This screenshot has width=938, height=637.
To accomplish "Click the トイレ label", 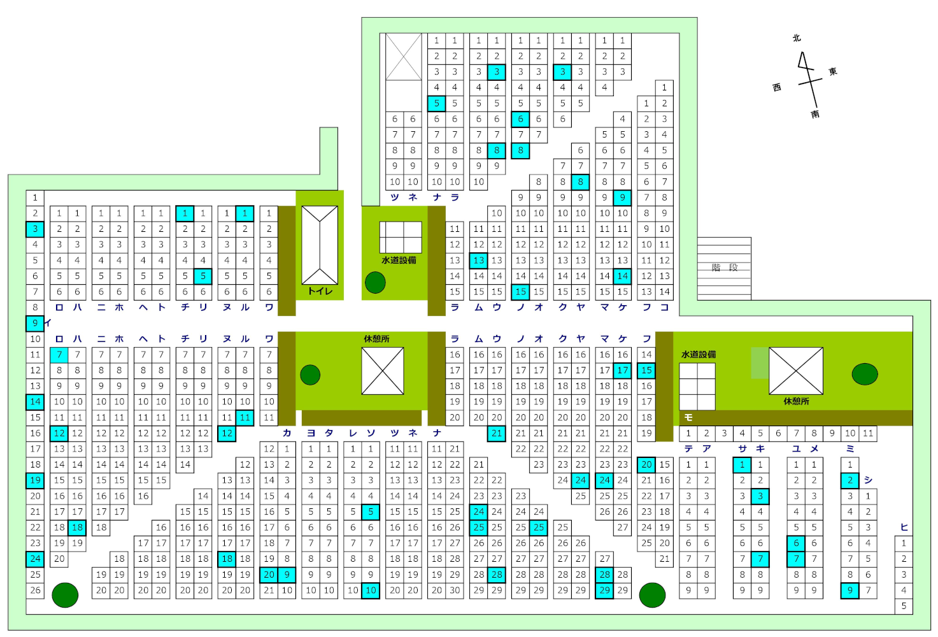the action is (320, 291).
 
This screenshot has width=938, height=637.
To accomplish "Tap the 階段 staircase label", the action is (724, 268).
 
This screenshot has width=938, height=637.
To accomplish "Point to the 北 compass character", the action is (797, 38).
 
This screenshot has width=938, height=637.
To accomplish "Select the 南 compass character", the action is (815, 114).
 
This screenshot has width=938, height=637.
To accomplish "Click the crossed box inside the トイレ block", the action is (320, 245).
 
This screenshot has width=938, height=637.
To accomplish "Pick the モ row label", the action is (688, 417).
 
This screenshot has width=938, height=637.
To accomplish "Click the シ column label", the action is (868, 480).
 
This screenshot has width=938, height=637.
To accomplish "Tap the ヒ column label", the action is (904, 527).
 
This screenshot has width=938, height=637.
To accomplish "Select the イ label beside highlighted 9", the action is (48, 323).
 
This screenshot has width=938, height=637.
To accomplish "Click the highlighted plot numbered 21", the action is (497, 433).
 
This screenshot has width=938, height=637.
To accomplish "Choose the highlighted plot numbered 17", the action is (623, 370).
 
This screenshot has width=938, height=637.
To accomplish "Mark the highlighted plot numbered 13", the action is (479, 260).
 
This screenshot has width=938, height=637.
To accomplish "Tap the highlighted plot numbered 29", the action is (605, 590).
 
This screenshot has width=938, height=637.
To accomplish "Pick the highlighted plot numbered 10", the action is (371, 590).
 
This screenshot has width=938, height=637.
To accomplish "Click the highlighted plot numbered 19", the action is (35, 480).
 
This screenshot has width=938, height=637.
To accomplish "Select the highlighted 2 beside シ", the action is (850, 480).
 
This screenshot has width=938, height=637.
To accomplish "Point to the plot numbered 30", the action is (455, 590).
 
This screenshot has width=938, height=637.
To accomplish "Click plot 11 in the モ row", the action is (868, 433).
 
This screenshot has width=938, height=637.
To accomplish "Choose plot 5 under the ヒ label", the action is (904, 606).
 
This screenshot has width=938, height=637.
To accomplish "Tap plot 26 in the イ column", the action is (35, 590).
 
